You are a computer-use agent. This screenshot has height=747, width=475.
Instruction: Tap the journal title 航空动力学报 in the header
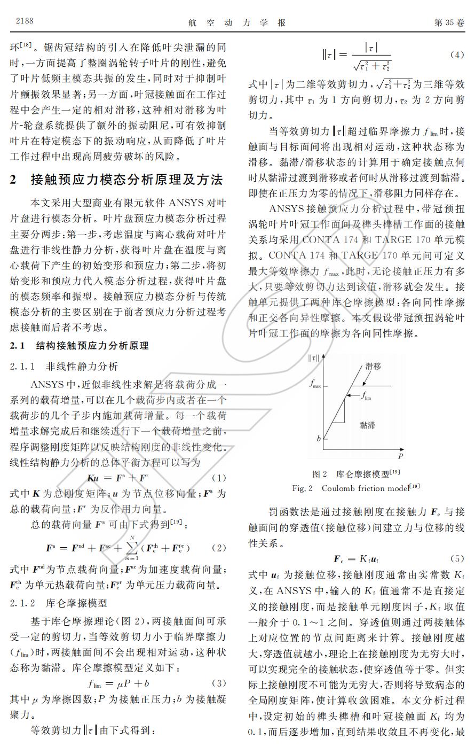(237, 22)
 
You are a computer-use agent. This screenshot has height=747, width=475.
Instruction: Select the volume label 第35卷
(449, 22)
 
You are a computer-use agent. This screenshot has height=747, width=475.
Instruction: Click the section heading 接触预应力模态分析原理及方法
(126, 180)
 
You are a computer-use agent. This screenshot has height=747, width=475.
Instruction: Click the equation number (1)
(219, 477)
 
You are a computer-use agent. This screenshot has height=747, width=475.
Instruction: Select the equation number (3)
(219, 683)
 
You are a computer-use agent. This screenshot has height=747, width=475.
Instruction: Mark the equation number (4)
(457, 55)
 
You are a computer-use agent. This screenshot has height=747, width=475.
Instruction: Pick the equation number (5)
(457, 559)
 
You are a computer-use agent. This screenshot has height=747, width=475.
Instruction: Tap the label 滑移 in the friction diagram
(373, 366)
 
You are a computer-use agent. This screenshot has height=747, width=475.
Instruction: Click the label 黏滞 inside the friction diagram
(367, 425)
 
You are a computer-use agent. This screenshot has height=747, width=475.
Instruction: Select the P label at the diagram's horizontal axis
(400, 457)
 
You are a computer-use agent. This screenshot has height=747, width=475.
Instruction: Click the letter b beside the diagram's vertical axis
(319, 439)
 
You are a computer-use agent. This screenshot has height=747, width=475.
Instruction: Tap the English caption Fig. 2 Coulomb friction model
(355, 488)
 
